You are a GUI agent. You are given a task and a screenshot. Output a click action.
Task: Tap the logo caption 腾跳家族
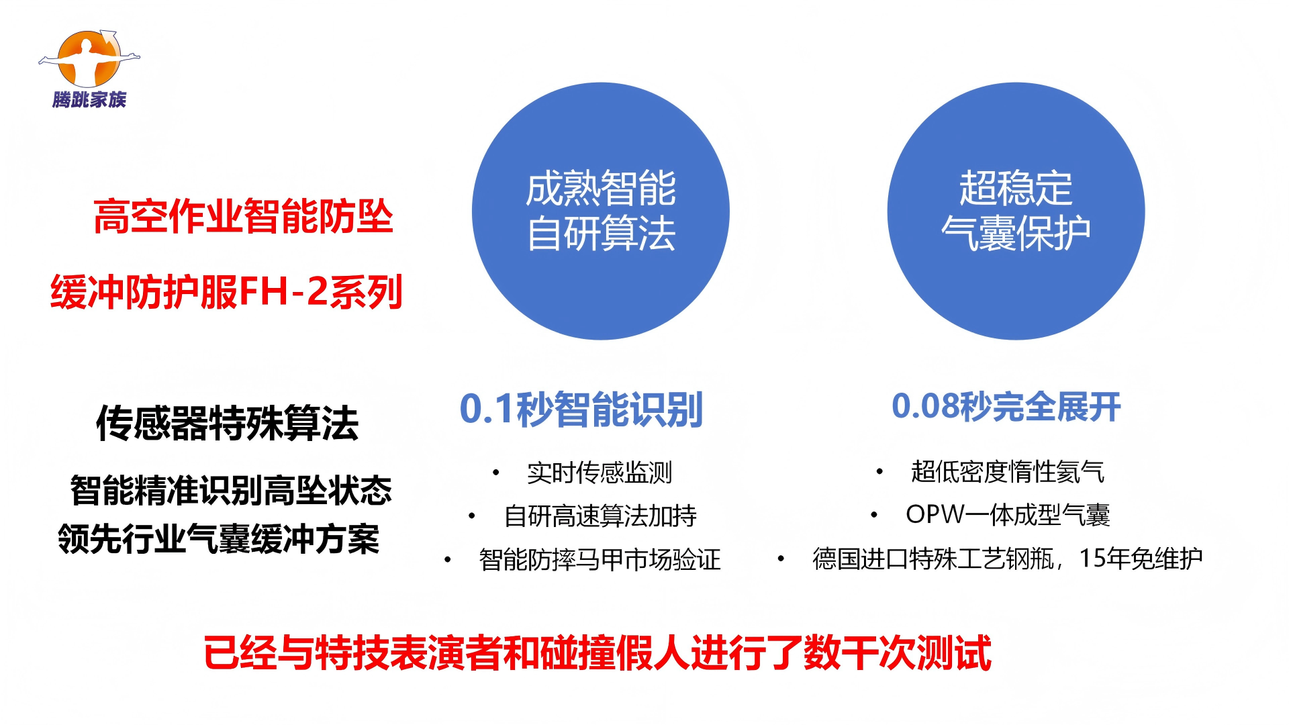(x=89, y=100)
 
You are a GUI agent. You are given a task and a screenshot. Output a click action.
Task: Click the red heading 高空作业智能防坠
(x=243, y=216)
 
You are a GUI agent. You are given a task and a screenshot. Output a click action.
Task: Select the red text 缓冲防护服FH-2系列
(x=226, y=291)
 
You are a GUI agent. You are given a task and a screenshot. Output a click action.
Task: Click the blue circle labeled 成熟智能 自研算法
(x=601, y=211)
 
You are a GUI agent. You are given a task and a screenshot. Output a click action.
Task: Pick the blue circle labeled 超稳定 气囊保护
(x=1016, y=211)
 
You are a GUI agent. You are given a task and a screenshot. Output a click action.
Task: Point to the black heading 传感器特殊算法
(x=227, y=423)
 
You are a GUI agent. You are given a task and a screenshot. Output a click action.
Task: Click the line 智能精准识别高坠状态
(x=231, y=490)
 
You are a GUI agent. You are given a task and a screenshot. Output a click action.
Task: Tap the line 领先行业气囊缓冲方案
(x=219, y=539)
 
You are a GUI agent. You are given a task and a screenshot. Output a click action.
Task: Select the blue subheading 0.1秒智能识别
(x=581, y=409)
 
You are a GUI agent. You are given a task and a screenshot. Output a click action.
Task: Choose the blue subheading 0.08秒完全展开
(x=1006, y=406)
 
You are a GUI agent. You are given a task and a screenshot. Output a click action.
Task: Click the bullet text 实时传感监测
(x=600, y=473)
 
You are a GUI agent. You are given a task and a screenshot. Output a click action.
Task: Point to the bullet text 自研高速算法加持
(x=600, y=516)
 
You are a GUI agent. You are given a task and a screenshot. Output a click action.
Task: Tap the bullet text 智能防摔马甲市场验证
(x=600, y=559)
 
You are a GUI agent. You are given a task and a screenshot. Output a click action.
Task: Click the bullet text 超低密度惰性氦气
(x=1007, y=471)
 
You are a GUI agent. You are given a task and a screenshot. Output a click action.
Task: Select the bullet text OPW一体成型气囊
(x=1008, y=515)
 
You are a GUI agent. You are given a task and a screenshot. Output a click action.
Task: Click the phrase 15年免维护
(x=1141, y=558)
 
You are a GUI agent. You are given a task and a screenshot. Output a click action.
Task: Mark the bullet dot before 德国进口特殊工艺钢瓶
(x=781, y=558)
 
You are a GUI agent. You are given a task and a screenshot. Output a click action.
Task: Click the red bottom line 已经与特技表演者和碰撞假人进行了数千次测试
(x=598, y=652)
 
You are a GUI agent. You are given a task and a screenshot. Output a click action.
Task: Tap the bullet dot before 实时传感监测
(x=495, y=473)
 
